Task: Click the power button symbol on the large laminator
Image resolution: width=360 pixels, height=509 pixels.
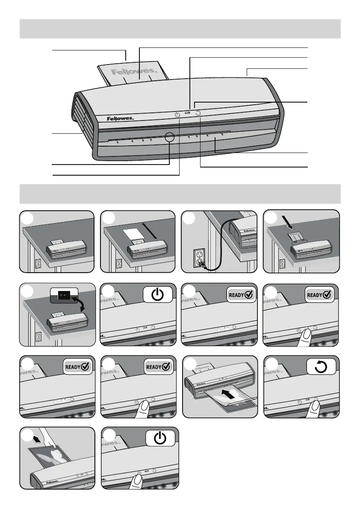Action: point(178,115)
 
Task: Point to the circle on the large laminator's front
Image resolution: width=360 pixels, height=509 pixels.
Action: point(169,137)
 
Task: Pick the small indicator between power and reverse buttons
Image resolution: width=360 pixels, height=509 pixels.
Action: point(187,114)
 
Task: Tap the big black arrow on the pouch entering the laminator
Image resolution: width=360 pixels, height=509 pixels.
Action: point(228,394)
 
